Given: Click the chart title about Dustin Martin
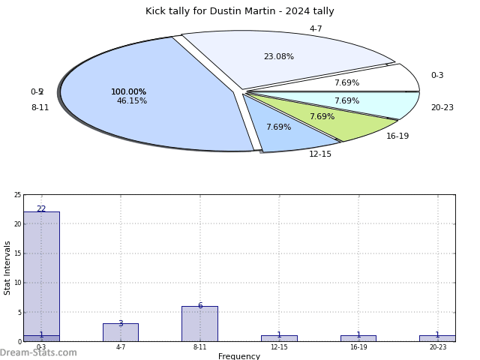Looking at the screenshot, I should [240, 11].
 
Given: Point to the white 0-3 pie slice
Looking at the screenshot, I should [375, 81].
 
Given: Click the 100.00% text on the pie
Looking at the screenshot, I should [129, 92].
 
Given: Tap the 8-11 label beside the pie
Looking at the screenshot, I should [40, 108].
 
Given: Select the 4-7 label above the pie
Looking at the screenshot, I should [316, 29].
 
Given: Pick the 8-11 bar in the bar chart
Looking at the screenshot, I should [199, 324].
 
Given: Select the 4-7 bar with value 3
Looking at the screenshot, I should [120, 332].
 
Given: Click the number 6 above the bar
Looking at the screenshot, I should [199, 306].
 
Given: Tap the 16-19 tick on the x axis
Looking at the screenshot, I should [358, 347].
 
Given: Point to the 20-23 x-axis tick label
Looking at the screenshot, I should [437, 347].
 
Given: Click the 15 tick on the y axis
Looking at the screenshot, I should [17, 253].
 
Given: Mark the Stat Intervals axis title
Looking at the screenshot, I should [7, 268].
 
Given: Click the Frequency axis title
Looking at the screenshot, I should [239, 356].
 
